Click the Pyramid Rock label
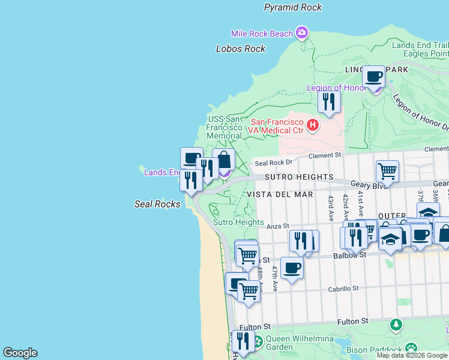coord(293,7)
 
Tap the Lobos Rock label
coord(240,49)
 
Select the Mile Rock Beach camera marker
coord(301,32)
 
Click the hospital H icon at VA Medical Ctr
coord(312,125)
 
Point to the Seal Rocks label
coord(157,204)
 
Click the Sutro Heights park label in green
coord(238,222)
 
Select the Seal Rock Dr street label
coord(273,162)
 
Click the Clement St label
coord(325,155)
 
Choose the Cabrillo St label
coord(343,288)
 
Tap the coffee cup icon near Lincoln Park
coord(374,77)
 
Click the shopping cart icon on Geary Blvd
coord(387,171)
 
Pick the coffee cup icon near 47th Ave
coord(292,268)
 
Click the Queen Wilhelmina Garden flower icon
coord(258,342)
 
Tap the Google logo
coord(20,353)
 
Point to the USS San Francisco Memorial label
coord(224,127)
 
